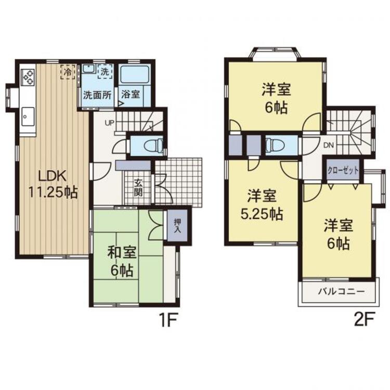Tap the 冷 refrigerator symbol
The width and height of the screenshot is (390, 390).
68,71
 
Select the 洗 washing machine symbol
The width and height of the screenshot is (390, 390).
105,71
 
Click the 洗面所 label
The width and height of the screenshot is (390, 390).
98,95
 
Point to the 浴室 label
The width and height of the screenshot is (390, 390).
130,95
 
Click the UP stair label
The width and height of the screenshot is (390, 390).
110,123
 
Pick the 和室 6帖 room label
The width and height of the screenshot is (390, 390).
122,262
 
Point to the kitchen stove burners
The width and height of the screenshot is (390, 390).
28,77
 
